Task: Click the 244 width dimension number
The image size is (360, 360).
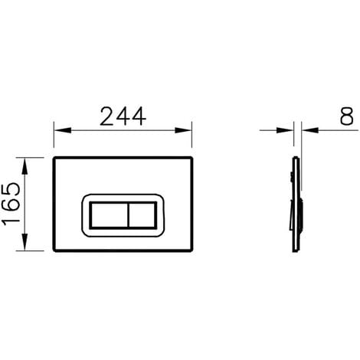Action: pos(123,116)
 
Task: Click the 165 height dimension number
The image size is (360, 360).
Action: pos(11,204)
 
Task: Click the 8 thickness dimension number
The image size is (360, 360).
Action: pos(347,116)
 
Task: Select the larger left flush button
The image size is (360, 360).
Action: pos(109,214)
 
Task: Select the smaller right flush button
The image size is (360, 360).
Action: pos(142,214)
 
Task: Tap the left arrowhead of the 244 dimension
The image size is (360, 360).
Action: pos(62,130)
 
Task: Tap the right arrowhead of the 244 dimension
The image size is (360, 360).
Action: pos(183,130)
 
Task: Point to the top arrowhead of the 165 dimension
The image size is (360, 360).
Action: pos(25,166)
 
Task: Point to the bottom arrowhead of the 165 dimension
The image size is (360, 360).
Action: pos(25,242)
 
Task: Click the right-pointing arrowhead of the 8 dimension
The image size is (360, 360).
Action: pos(285,130)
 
